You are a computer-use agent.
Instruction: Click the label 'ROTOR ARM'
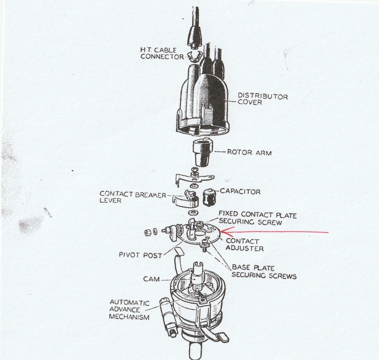click(249, 152)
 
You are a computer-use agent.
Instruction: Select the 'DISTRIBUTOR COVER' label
click(263, 99)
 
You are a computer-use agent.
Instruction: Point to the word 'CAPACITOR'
click(240, 192)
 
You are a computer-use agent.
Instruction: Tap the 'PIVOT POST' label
click(141, 255)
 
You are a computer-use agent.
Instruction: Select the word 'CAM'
click(151, 279)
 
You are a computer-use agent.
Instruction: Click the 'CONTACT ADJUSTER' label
click(245, 244)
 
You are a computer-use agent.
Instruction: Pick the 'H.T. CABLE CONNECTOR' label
click(162, 53)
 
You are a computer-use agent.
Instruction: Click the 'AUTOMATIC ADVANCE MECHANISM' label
click(129, 310)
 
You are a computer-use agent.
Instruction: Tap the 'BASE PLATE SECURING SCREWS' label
click(264, 272)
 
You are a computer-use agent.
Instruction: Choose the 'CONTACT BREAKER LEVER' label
click(133, 197)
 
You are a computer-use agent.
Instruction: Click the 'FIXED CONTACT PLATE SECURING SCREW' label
click(257, 218)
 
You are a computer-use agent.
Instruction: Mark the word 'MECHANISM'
click(129, 317)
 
